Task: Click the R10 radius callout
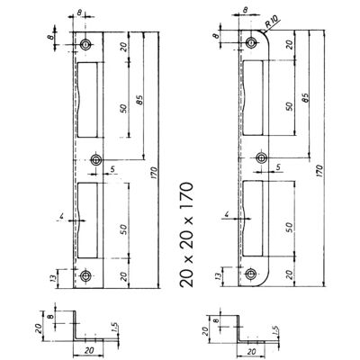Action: [272, 22]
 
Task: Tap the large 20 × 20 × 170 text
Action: [186, 235]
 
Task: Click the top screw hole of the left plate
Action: [86, 45]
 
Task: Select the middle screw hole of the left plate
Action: [96, 160]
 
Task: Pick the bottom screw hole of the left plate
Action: [86, 275]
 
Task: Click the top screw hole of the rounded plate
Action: [250, 43]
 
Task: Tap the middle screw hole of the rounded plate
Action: [262, 157]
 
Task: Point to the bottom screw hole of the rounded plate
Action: [250, 274]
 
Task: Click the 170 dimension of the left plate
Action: [154, 173]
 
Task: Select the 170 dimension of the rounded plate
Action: [319, 171]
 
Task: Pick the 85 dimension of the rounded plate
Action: [305, 97]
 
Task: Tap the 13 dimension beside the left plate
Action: [54, 278]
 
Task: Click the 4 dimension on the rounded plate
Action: [227, 214]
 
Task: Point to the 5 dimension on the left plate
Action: [112, 169]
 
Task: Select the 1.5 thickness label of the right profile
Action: [276, 331]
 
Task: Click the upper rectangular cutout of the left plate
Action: [88, 100]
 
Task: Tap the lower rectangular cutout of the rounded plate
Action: [253, 218]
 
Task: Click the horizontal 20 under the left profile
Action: [89, 349]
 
